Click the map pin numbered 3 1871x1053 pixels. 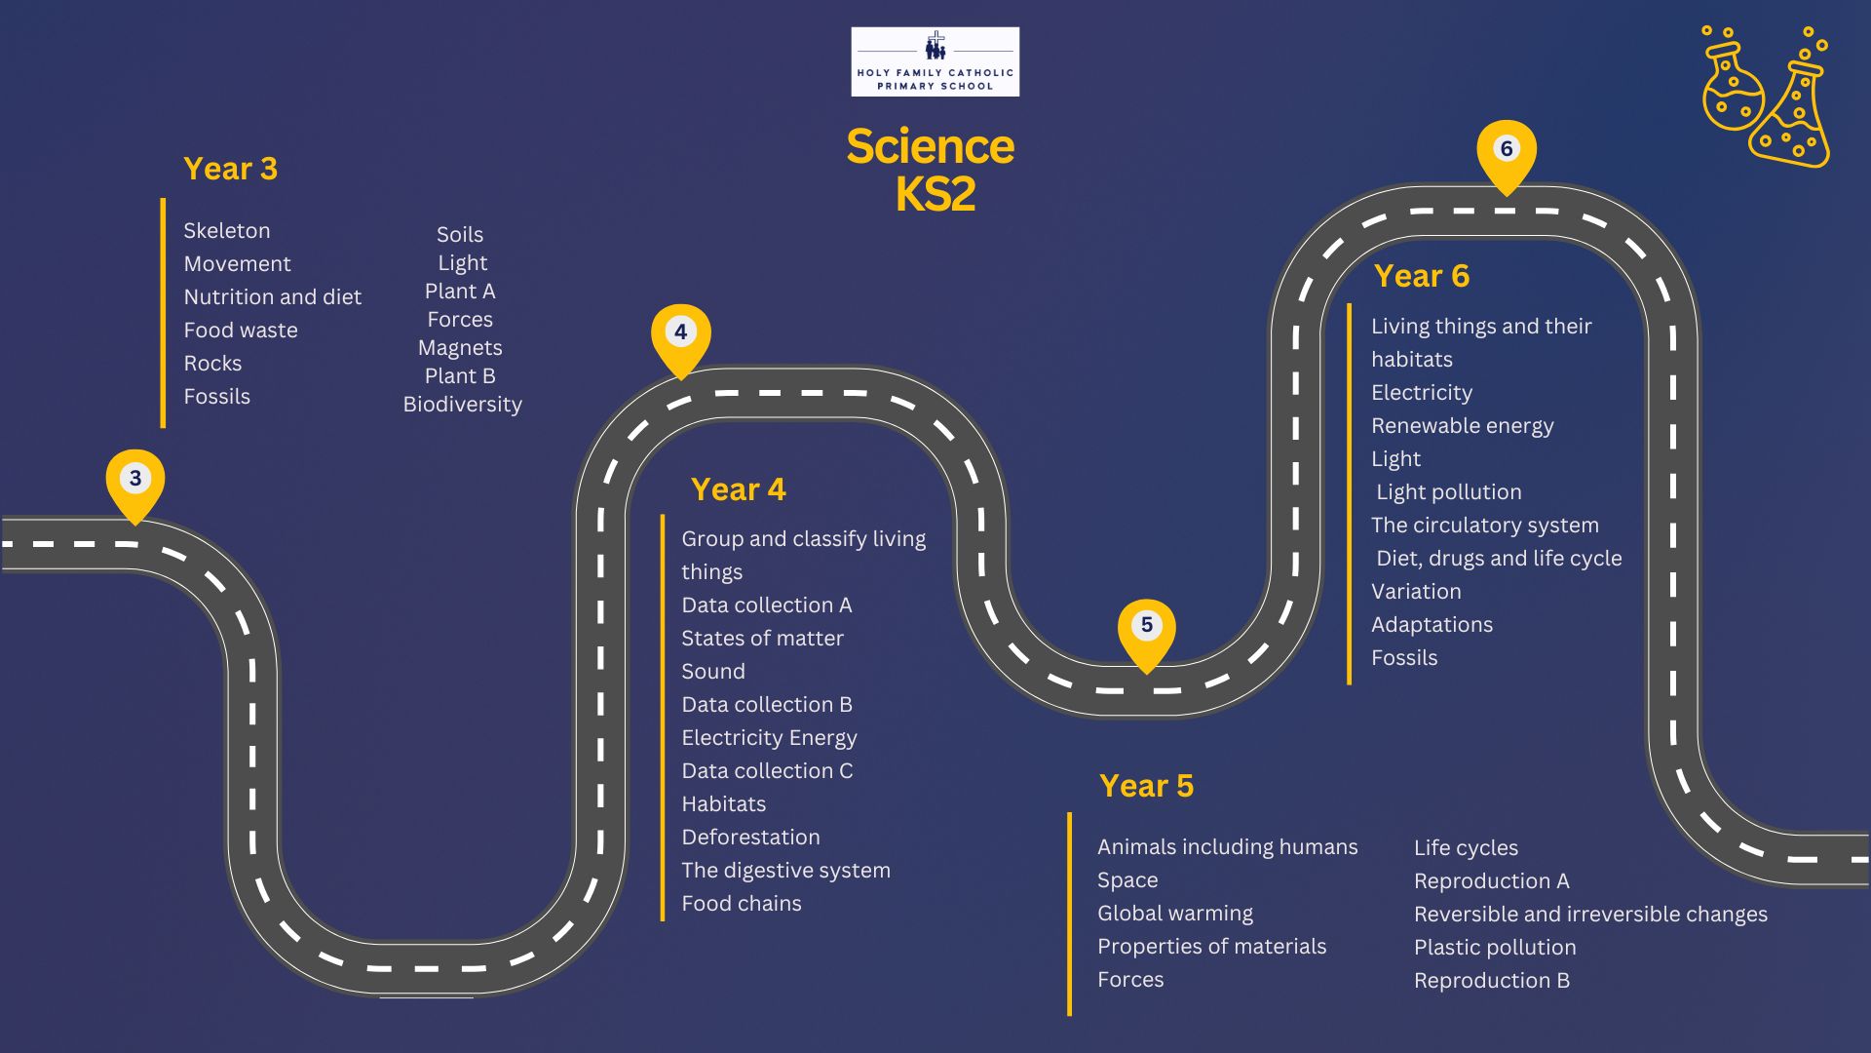tap(135, 480)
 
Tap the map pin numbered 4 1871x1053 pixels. tap(680, 333)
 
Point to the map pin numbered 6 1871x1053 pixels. tap(1506, 150)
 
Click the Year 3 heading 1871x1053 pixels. tap(231, 169)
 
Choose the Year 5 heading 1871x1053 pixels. tap(1146, 786)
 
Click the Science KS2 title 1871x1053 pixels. tap(931, 170)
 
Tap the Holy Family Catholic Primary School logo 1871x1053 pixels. tap(935, 61)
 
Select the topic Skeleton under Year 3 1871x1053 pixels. tap(227, 231)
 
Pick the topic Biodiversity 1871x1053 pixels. tap(463, 405)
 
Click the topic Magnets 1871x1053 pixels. tap(460, 348)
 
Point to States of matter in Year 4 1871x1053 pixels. tap(762, 639)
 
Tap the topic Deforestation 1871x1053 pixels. tap(750, 838)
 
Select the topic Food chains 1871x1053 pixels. tap(742, 904)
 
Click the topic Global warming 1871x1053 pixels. tap(1175, 914)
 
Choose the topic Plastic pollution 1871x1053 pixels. tap(1495, 948)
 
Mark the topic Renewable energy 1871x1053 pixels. tap(1462, 426)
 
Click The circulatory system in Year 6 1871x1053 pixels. tap(1485, 526)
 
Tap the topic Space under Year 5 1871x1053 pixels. tap(1127, 880)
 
